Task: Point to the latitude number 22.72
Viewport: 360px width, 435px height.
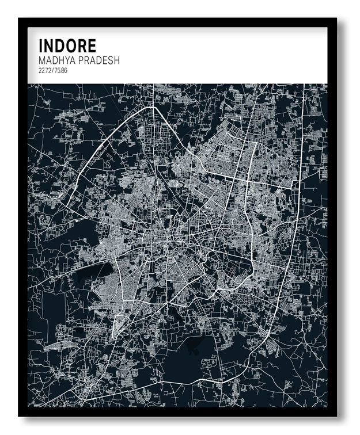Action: tap(45, 70)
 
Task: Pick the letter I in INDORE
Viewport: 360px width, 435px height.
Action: tap(40, 45)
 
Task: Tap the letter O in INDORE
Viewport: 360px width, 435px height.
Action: tap(69, 45)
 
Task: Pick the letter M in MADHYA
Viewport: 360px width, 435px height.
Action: tap(42, 60)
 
